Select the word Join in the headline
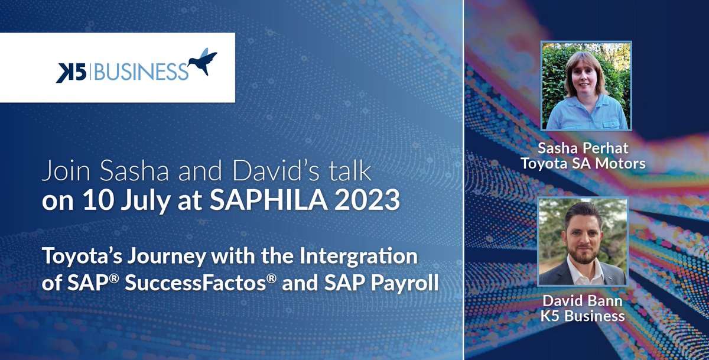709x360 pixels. [x=60, y=171]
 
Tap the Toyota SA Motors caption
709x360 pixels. [x=583, y=164]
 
